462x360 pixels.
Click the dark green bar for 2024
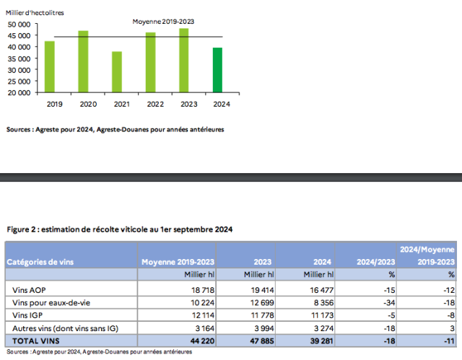click(x=217, y=70)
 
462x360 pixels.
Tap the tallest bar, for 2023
click(x=184, y=61)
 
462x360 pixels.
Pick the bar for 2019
click(x=50, y=66)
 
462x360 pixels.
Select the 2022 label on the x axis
click(x=150, y=105)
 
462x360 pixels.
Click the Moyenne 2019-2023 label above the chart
click(x=163, y=22)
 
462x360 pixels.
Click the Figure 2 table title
click(x=119, y=229)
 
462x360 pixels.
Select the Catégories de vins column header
click(x=42, y=261)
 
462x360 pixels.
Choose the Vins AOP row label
click(x=28, y=288)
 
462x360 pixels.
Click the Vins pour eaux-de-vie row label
click(x=49, y=301)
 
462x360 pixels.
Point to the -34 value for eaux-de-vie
click(x=386, y=301)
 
